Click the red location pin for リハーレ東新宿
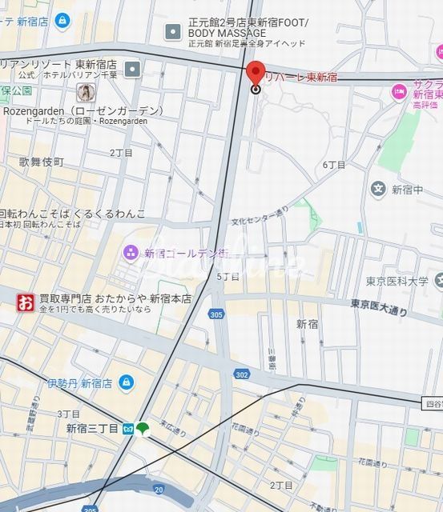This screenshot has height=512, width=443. click(256, 73)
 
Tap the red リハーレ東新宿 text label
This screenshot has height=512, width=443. click(302, 78)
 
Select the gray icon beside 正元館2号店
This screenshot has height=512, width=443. click(171, 32)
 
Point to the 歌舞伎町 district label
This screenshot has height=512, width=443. click(41, 162)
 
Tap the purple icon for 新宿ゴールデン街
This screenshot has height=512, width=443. click(131, 253)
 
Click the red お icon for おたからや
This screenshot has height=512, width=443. click(26, 302)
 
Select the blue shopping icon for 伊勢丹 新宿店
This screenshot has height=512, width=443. click(125, 382)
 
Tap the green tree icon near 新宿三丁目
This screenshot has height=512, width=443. click(143, 429)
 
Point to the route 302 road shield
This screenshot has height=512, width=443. click(241, 374)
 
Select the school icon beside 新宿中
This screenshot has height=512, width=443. click(378, 190)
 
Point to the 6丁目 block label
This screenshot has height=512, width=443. click(334, 165)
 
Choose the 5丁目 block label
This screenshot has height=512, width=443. click(228, 276)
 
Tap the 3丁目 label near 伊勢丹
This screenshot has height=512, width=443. click(69, 414)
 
